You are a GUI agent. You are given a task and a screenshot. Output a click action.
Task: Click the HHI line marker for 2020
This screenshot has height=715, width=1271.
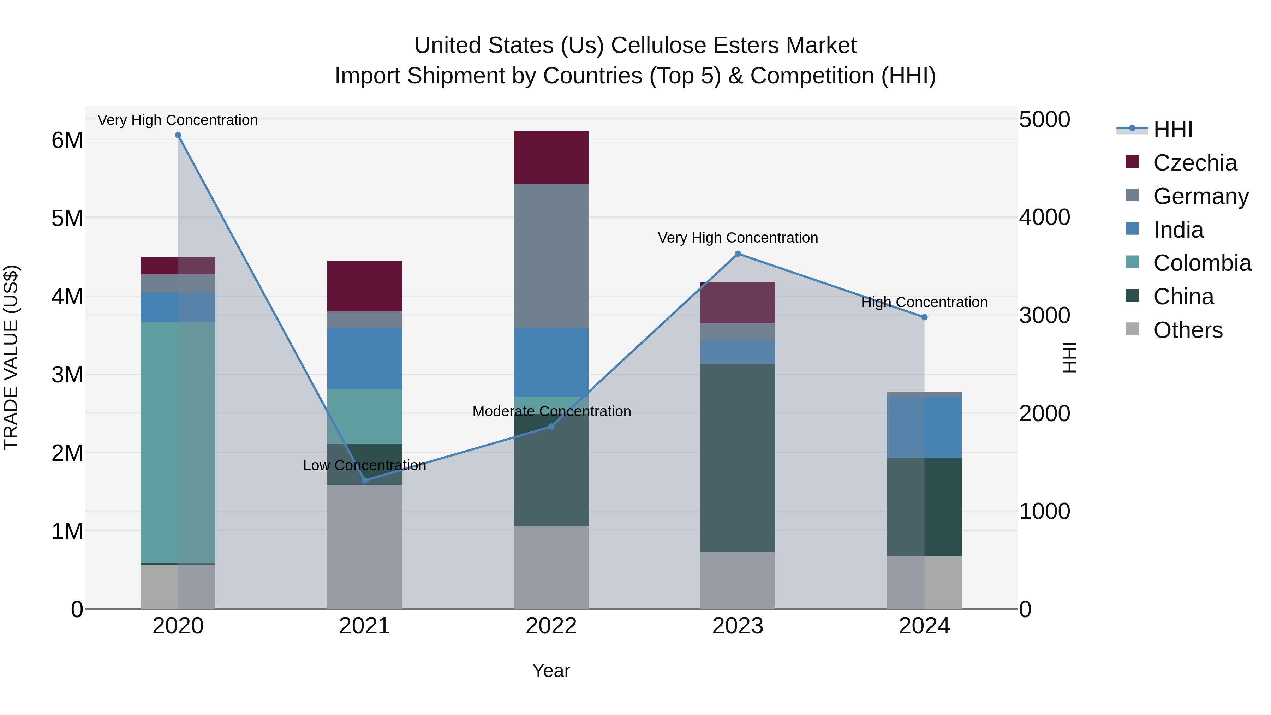coord(178,135)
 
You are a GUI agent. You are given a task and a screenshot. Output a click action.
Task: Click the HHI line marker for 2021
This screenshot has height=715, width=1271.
coord(365,480)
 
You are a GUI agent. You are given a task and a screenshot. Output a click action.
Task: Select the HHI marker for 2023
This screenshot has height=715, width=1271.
coord(738,254)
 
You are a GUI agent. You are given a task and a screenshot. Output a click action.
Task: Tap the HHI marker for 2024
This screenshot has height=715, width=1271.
coord(924,317)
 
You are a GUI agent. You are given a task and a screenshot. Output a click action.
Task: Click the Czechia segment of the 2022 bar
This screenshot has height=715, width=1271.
coord(551,157)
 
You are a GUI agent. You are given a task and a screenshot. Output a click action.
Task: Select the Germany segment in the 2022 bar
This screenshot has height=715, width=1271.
coord(551,256)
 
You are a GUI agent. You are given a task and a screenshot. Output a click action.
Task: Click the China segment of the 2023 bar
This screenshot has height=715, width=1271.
coord(738,457)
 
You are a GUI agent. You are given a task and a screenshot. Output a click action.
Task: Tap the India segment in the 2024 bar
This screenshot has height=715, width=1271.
coord(924,427)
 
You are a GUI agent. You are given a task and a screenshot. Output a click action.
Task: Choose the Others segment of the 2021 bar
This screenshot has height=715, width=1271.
coord(365,547)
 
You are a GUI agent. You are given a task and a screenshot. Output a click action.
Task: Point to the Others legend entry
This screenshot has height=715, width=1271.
coord(1188,330)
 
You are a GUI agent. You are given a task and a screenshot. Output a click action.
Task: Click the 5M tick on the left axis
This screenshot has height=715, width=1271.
coord(67,218)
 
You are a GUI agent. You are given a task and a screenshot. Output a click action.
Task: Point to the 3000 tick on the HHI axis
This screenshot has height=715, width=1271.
coord(1044,315)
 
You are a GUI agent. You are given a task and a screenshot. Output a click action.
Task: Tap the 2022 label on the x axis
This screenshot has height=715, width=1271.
coord(551,626)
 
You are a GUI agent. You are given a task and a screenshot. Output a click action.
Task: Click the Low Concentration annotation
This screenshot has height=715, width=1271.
coord(365,465)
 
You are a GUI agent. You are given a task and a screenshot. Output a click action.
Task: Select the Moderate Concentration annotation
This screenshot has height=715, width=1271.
coord(551,411)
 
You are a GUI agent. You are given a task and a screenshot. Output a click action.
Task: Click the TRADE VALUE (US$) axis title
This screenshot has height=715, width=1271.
coord(11,357)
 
